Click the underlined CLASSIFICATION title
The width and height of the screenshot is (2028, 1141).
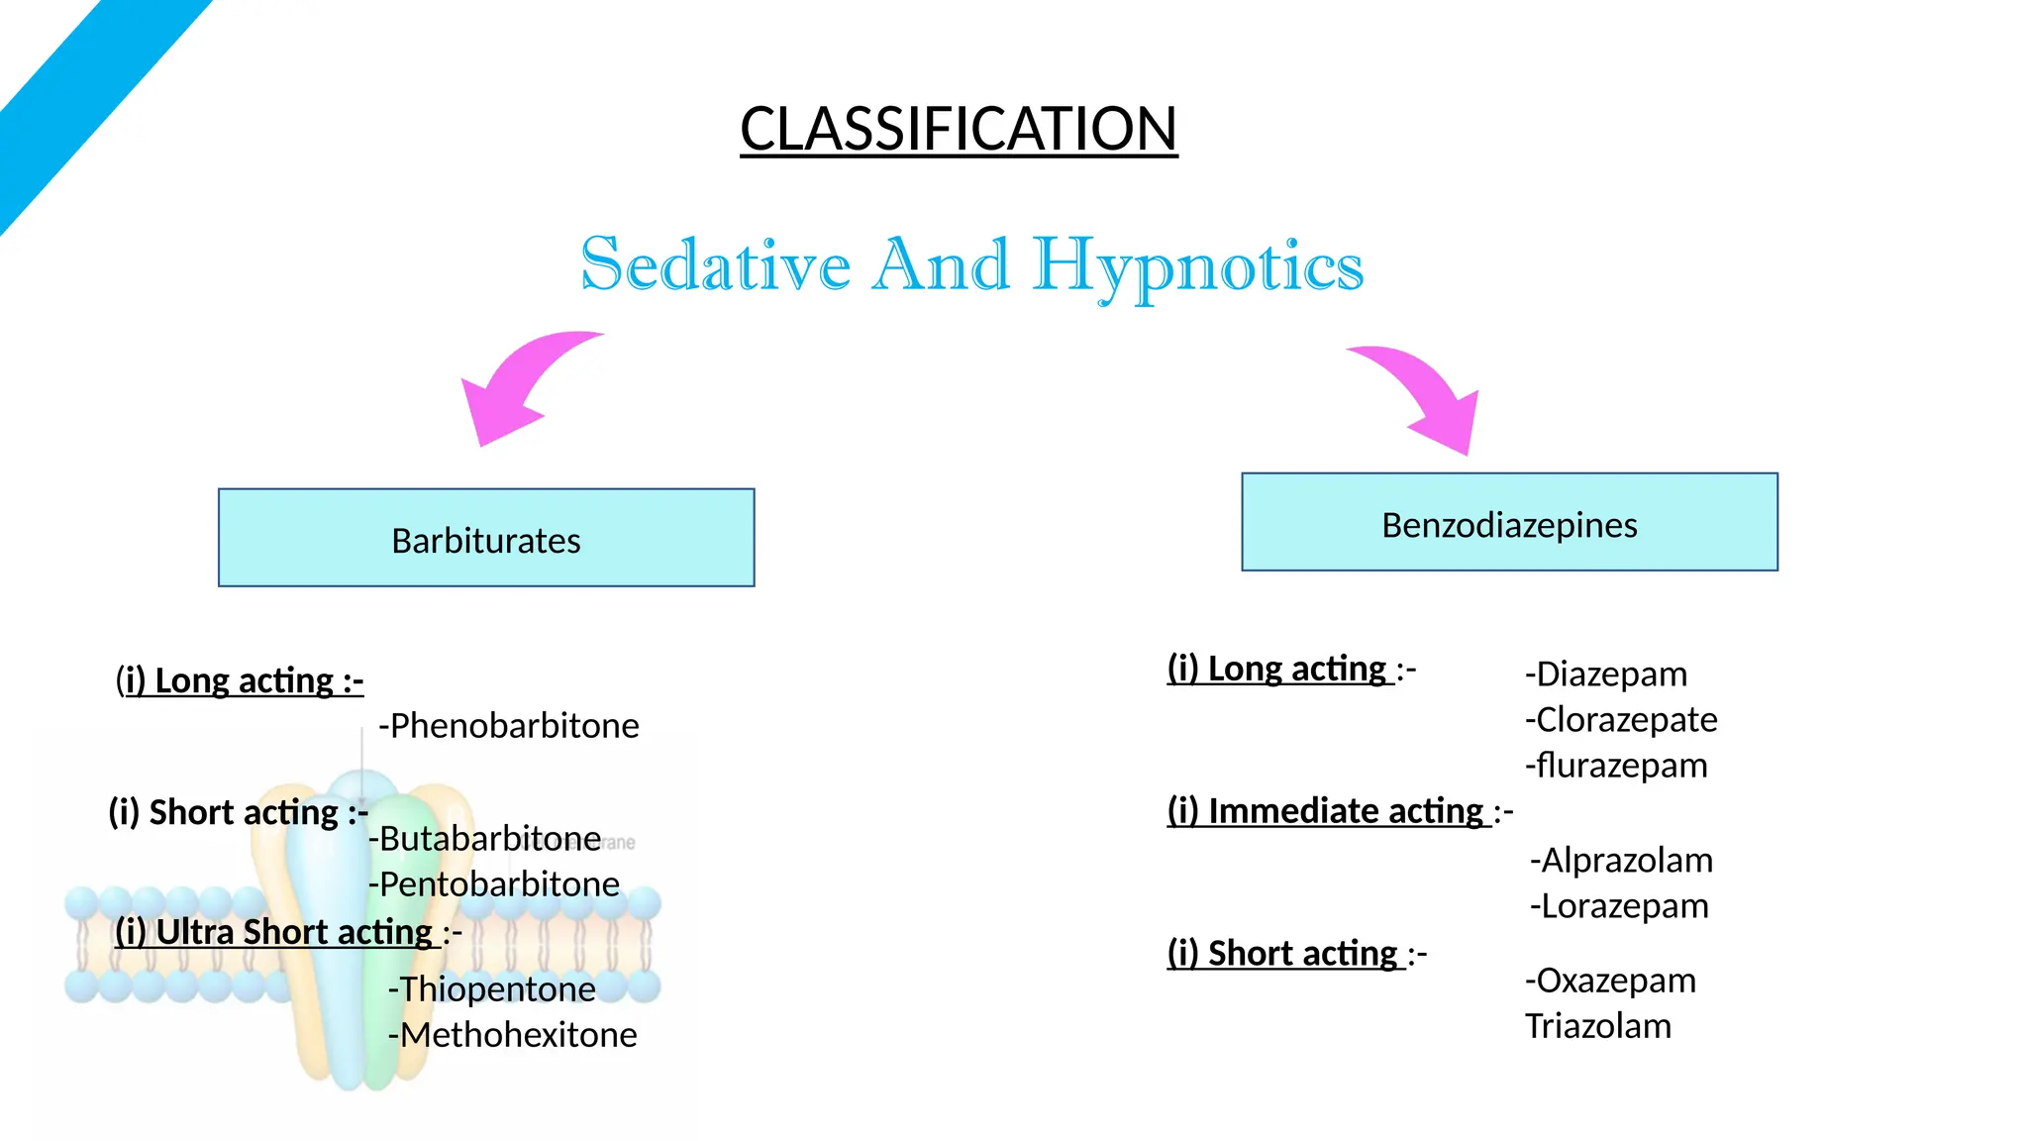point(959,130)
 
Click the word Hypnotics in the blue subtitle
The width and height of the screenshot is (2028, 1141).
point(1198,265)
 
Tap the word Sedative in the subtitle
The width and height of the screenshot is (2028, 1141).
point(715,265)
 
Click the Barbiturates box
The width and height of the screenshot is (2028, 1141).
point(486,538)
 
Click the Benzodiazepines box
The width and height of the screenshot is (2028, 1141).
point(1509,522)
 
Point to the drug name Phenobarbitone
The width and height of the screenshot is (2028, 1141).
point(509,726)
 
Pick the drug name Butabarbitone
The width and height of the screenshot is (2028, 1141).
point(485,839)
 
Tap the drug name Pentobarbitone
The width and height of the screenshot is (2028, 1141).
point(494,884)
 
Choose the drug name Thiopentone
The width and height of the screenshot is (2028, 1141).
point(492,989)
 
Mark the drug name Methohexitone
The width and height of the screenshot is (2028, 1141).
point(512,1035)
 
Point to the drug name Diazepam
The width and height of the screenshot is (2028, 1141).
point(1606,674)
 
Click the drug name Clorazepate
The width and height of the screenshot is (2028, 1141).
point(1621,720)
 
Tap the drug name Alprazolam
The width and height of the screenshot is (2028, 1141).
point(1621,861)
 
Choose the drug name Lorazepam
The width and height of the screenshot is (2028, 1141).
point(1619,906)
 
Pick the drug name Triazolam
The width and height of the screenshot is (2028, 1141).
point(1597,1026)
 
